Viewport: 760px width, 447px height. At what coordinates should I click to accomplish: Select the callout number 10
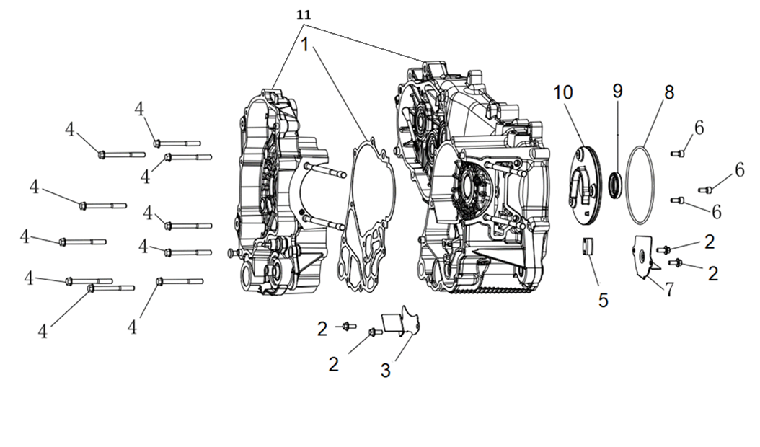click(562, 92)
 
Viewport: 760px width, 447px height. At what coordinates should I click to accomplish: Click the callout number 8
click(668, 92)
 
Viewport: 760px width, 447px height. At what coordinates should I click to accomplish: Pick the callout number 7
click(669, 288)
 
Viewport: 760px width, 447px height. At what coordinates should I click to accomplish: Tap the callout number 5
click(603, 298)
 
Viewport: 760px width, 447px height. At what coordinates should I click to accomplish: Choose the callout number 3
click(386, 371)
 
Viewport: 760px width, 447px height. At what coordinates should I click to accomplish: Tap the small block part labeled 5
click(588, 246)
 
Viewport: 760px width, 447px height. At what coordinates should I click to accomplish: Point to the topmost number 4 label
click(139, 109)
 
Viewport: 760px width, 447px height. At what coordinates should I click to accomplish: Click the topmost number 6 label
click(699, 126)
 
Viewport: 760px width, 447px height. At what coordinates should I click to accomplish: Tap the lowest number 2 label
click(333, 363)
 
